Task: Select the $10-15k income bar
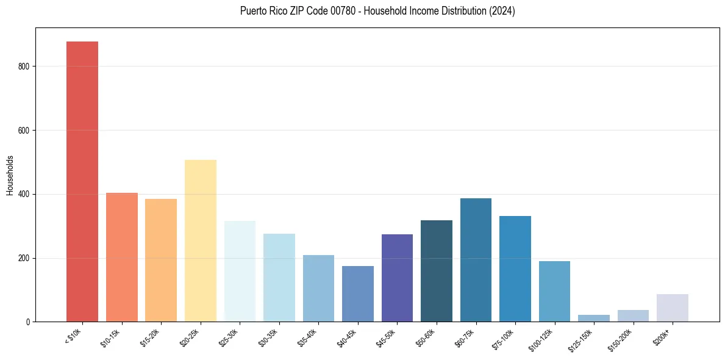121,257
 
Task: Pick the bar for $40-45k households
357,293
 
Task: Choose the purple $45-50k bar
397,278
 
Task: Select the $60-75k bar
476,260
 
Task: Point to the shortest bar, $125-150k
593,318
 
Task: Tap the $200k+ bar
672,308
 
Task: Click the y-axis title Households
10,175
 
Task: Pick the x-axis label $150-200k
622,340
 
